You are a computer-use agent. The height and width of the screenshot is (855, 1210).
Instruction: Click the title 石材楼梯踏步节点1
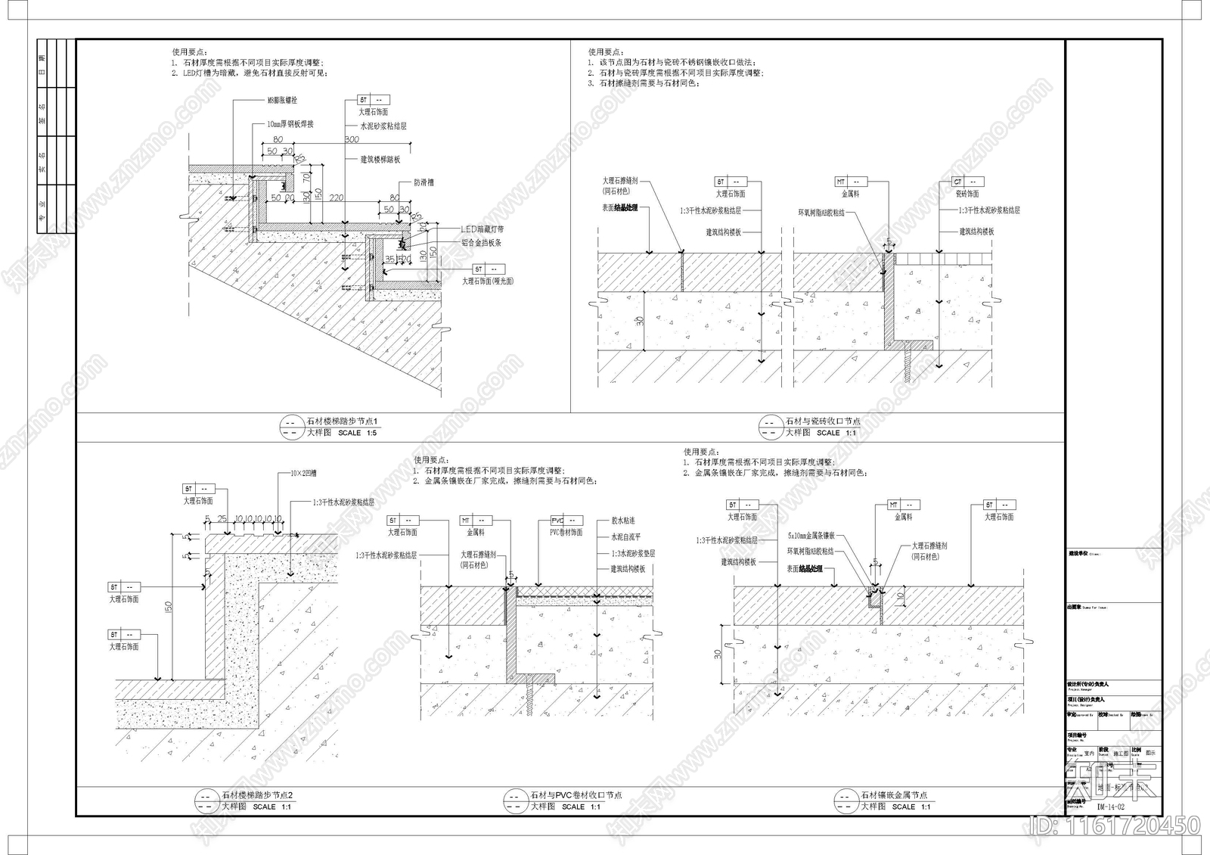tap(342, 421)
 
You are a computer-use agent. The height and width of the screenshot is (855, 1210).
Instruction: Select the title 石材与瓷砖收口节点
tap(823, 421)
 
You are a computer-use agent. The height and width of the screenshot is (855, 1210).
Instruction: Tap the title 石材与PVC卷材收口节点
tap(576, 795)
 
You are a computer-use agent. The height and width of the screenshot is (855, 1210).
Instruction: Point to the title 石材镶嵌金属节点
tap(894, 795)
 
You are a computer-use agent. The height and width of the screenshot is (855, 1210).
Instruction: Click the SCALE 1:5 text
tap(357, 433)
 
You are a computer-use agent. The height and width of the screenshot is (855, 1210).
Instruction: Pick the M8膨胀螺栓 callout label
tap(282, 100)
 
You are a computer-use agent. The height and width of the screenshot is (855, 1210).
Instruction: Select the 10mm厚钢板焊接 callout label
tap(290, 124)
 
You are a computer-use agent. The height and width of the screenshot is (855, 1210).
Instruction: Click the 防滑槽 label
tap(423, 182)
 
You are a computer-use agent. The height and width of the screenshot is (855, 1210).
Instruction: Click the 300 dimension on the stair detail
tap(352, 140)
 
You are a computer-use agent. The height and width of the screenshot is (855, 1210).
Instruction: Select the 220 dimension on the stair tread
tap(336, 198)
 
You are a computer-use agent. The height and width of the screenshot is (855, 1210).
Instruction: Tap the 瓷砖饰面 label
tap(967, 194)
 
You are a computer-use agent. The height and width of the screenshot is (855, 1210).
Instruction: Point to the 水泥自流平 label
tap(626, 537)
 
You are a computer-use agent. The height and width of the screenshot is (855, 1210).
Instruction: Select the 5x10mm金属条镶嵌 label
tap(811, 535)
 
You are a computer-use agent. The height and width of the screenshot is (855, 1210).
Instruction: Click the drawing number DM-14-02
tap(1111, 807)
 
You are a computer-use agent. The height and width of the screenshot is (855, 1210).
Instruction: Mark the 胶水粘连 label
tap(623, 521)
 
